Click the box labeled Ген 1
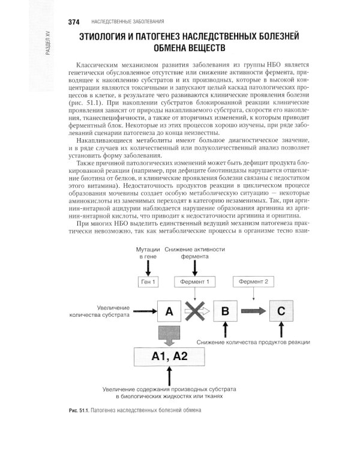click(148, 281)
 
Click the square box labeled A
click(169, 311)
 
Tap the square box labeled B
click(225, 311)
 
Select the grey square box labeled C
click(281, 311)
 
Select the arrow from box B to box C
click(253, 311)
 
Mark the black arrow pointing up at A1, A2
click(170, 376)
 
